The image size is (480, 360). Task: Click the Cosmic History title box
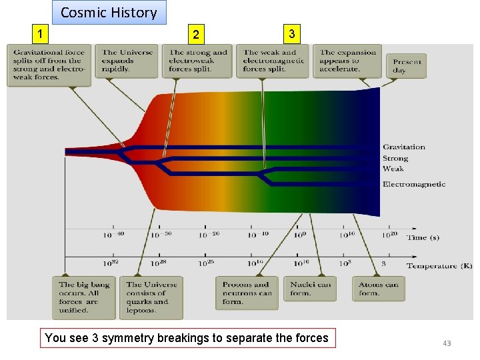point(109,13)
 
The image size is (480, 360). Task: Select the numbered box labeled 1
point(41,33)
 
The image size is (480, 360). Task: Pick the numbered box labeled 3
point(291,33)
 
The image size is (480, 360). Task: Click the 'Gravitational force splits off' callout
point(49,65)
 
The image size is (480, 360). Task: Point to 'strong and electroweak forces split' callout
point(198,61)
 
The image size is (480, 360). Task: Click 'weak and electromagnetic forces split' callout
point(274,61)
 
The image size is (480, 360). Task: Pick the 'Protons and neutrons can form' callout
point(247,293)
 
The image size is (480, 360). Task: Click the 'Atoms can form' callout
point(378,288)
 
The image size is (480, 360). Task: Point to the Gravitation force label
point(403,147)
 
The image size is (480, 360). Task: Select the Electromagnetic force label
point(414,184)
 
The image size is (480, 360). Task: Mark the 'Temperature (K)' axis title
point(439,266)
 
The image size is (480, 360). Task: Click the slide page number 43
point(447,343)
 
